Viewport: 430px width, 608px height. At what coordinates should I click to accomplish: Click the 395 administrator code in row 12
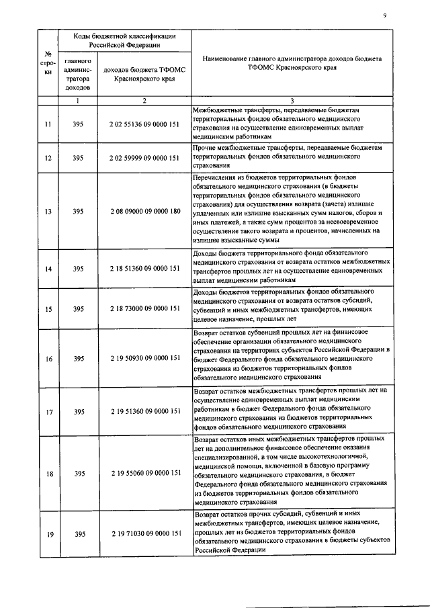point(78,158)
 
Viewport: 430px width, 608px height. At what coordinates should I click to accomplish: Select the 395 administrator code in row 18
point(78,473)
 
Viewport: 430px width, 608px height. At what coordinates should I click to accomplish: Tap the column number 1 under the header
point(78,101)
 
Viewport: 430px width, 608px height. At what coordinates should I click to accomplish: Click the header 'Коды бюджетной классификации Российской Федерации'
point(115,40)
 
